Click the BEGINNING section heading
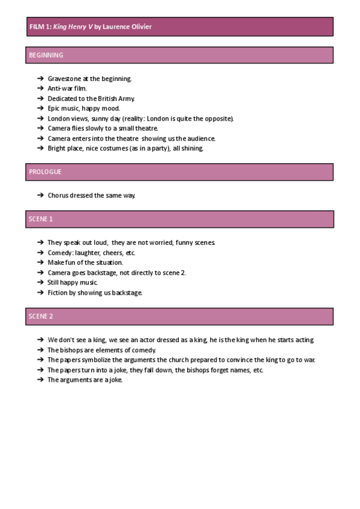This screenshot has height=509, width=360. click(46, 55)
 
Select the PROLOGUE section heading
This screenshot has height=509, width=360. click(45, 172)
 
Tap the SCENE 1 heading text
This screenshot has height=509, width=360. click(41, 219)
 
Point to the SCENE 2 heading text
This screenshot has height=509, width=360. click(41, 316)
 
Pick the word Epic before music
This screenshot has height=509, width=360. click(55, 109)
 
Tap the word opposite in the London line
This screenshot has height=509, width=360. click(217, 119)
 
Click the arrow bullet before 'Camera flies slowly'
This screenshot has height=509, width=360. click(40, 128)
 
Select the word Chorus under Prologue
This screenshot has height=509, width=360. click(58, 195)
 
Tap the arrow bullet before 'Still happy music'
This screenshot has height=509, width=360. click(40, 282)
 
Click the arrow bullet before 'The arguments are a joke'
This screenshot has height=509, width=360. click(40, 380)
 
